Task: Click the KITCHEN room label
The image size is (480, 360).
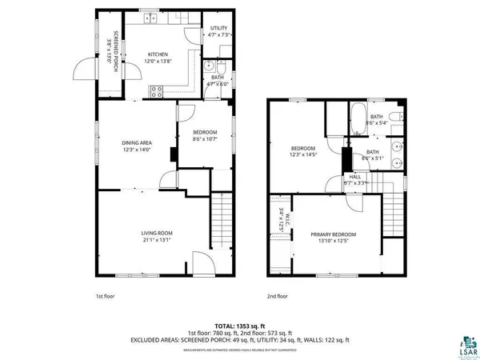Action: pyautogui.click(x=157, y=54)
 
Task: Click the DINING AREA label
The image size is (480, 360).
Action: pyautogui.click(x=136, y=142)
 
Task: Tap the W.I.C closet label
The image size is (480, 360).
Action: pyautogui.click(x=282, y=218)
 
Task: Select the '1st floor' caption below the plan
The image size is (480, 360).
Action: pyautogui.click(x=105, y=296)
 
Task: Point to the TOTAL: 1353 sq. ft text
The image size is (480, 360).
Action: pyautogui.click(x=240, y=326)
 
